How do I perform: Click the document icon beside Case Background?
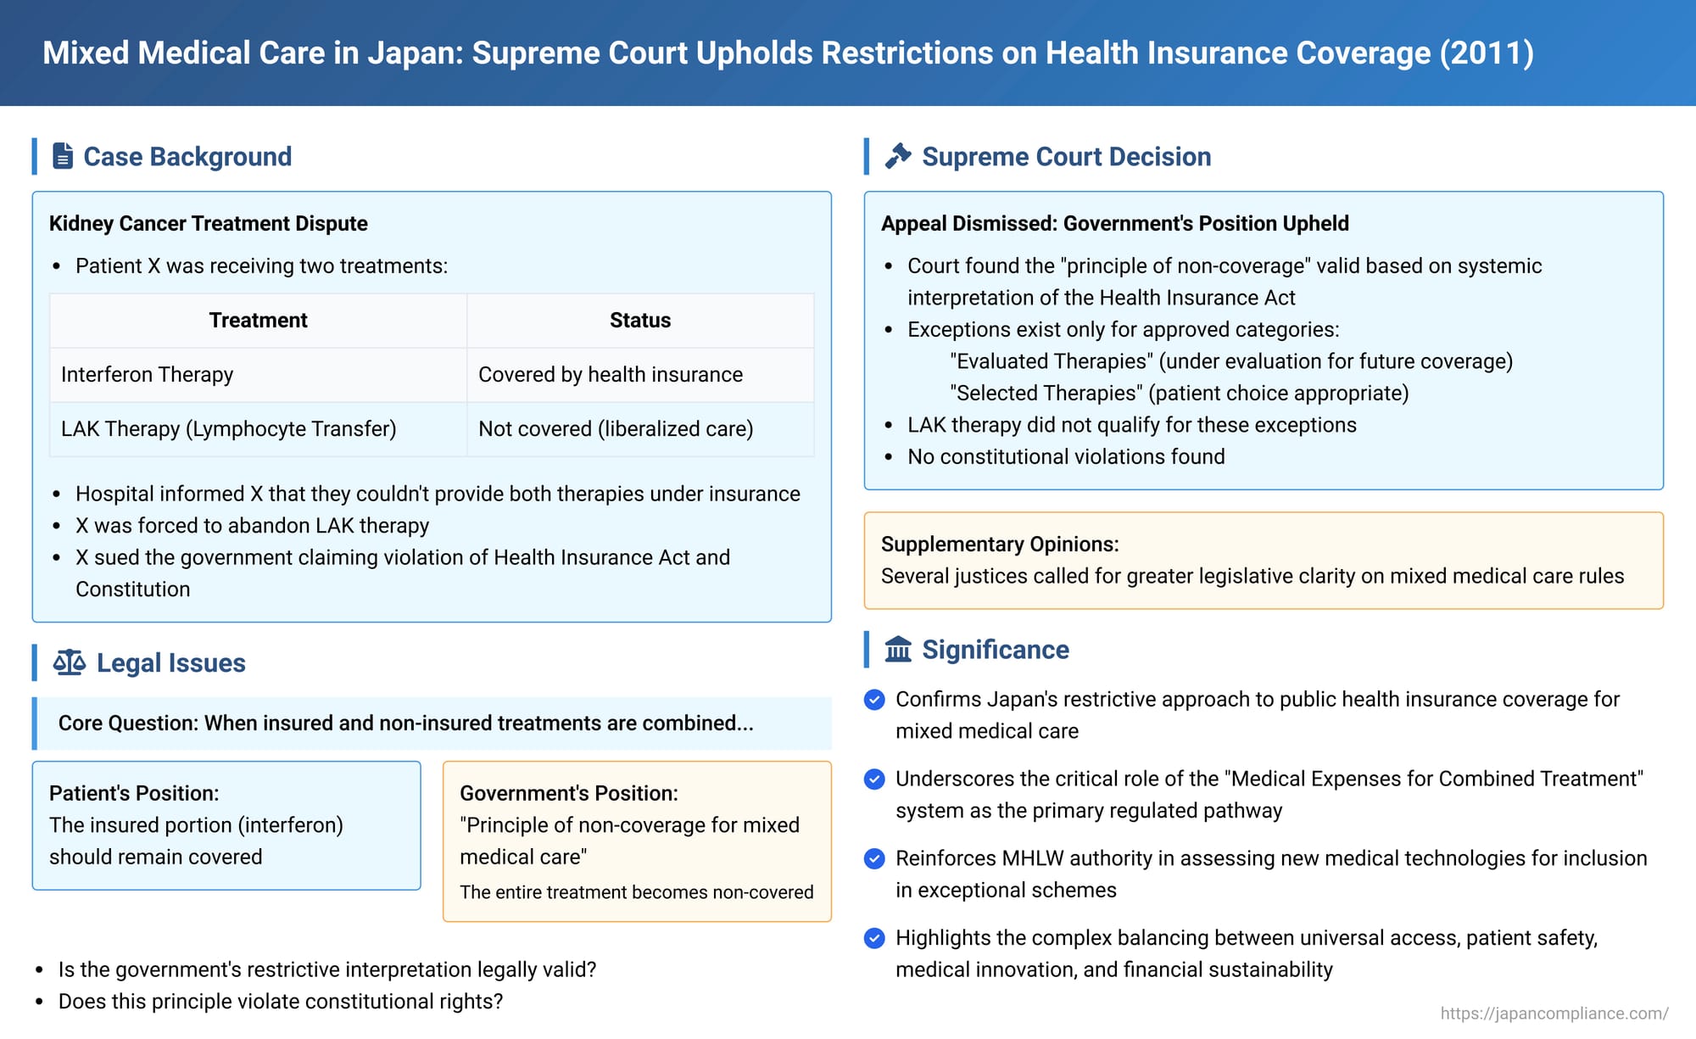pos(63,156)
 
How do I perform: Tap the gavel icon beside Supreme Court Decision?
pos(898,156)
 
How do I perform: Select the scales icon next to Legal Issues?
pos(70,662)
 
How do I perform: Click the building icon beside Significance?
pos(898,650)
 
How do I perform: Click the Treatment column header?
pos(258,321)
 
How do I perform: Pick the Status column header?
pos(639,321)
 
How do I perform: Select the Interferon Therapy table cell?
pos(147,375)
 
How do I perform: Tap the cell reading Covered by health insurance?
pos(610,375)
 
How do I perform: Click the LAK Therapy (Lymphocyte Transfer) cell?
pos(228,429)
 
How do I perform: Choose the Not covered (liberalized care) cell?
pos(616,429)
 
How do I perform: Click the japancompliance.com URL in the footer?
pos(1554,1014)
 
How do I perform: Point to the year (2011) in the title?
pos(1487,53)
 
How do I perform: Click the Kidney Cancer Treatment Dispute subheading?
pos(208,224)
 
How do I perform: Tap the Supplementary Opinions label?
pos(1000,545)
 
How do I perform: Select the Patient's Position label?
pos(134,794)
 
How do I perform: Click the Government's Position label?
pos(568,794)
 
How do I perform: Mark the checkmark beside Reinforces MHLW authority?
pos(874,858)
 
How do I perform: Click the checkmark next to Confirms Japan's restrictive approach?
pos(874,700)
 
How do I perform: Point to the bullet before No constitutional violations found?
pos(889,458)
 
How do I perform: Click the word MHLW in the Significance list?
pos(1032,858)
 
